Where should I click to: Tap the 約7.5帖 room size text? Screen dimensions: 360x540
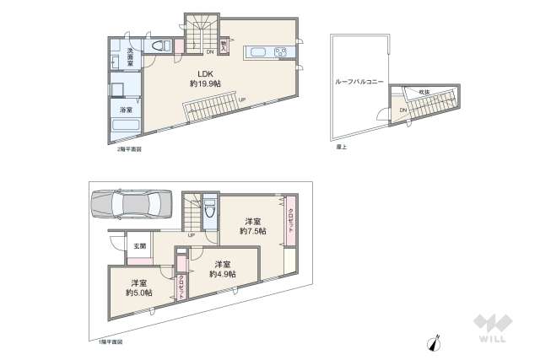[x=252, y=230]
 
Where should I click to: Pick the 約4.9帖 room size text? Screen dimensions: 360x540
[x=223, y=273]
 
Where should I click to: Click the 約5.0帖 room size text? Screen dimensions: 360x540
[x=138, y=293]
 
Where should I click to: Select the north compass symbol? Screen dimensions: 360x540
[x=435, y=341]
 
